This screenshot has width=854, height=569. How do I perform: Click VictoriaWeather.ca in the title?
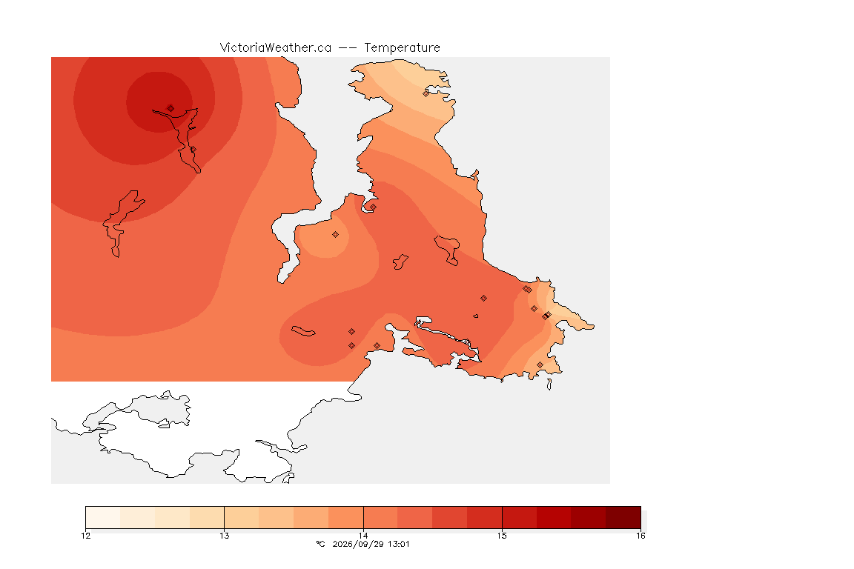pyautogui.click(x=276, y=48)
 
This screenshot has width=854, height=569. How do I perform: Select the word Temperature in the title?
pyautogui.click(x=402, y=48)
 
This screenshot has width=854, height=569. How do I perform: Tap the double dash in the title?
pyautogui.click(x=348, y=48)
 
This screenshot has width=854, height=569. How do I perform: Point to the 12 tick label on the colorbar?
pyautogui.click(x=85, y=536)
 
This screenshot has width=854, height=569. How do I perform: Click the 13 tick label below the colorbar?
pyautogui.click(x=225, y=536)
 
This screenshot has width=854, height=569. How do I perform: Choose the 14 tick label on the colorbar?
pyautogui.click(x=363, y=536)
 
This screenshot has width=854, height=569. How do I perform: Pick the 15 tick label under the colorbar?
pyautogui.click(x=502, y=536)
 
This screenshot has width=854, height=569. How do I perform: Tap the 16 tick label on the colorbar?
pyautogui.click(x=640, y=536)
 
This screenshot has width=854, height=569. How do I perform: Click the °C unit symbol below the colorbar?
pyautogui.click(x=320, y=544)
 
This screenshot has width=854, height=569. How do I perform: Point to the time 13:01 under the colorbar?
pyautogui.click(x=398, y=544)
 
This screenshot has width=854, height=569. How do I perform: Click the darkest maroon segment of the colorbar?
pyautogui.click(x=623, y=517)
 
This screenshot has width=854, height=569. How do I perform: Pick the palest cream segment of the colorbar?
pyautogui.click(x=103, y=517)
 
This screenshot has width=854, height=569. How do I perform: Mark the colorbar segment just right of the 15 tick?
pyautogui.click(x=519, y=517)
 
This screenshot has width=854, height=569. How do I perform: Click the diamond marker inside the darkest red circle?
pyautogui.click(x=171, y=108)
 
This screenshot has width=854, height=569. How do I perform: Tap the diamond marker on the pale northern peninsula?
pyautogui.click(x=426, y=93)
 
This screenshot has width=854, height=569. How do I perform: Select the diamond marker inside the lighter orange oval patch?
pyautogui.click(x=336, y=235)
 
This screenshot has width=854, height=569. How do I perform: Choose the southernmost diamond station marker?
pyautogui.click(x=540, y=365)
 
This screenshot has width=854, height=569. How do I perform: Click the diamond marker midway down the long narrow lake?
pyautogui.click(x=193, y=149)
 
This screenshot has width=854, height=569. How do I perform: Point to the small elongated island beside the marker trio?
pyautogui.click(x=303, y=331)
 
